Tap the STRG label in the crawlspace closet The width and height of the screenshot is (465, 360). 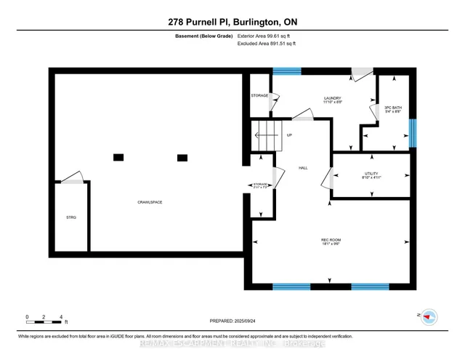tap(71, 217)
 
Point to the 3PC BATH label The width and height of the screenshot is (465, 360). tap(392, 108)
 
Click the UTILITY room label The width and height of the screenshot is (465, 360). tap(371, 175)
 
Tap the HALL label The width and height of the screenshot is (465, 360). tap(303, 168)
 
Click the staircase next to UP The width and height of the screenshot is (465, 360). tap(267, 136)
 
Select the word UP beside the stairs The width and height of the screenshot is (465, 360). tap(289, 135)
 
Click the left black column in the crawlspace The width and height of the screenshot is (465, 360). tap(118, 157)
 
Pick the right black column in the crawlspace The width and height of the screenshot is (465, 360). tap(182, 157)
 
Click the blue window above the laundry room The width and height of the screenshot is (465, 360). tap(286, 71)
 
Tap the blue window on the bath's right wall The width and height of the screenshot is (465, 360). tap(412, 132)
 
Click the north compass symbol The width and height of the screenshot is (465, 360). tap(429, 316)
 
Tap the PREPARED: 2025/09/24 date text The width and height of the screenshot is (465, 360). tap(232, 320)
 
